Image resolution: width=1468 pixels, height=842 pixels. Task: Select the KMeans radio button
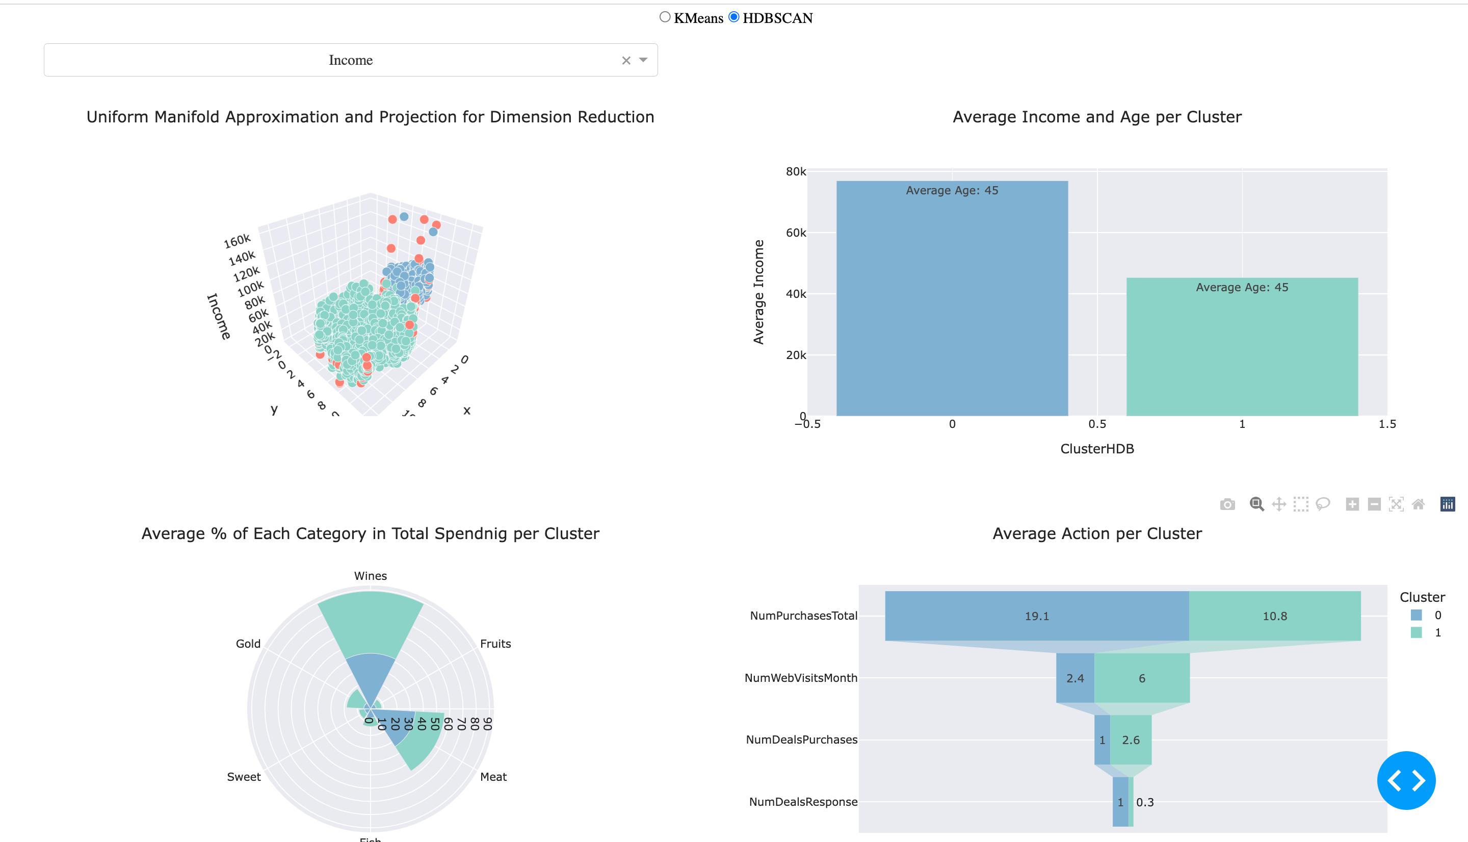[665, 17]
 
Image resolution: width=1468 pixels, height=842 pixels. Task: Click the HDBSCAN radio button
[733, 17]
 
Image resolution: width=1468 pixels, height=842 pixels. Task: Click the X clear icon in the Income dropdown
[626, 60]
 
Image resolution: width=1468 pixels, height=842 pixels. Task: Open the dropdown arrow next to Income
[643, 60]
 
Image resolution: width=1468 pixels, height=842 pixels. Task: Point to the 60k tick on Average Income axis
[796, 233]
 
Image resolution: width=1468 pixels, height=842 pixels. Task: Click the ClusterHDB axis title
[1096, 449]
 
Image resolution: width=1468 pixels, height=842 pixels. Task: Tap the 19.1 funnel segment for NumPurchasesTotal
[1036, 616]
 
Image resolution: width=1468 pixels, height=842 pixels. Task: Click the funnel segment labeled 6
[1141, 678]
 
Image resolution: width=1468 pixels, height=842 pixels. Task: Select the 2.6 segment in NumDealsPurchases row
[1131, 739]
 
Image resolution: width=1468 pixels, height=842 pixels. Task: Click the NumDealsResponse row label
[803, 802]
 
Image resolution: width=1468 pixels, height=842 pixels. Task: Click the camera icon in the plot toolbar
[1227, 504]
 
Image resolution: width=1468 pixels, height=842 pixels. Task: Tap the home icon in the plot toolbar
[1418, 504]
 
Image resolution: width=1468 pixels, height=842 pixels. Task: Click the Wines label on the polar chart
[371, 576]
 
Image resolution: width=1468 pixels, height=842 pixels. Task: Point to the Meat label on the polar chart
[493, 777]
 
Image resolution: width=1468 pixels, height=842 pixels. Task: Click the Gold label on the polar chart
[248, 644]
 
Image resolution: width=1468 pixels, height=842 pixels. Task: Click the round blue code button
[1406, 780]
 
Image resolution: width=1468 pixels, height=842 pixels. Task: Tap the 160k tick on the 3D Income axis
[237, 241]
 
